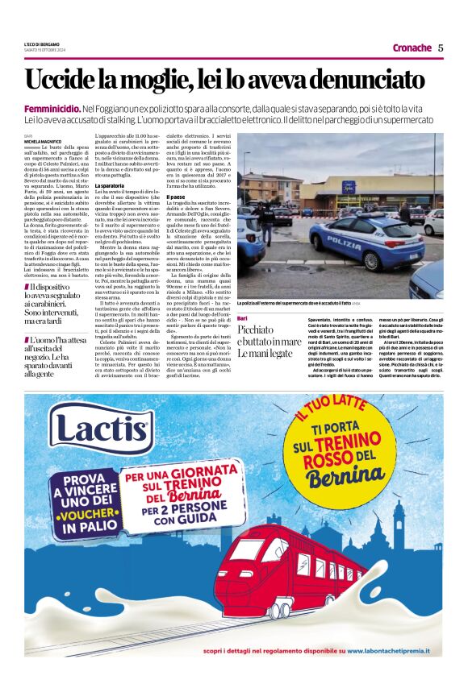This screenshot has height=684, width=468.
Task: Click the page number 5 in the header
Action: tap(441, 48)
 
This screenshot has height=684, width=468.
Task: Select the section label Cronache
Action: tap(412, 48)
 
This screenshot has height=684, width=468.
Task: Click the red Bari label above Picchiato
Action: tap(244, 319)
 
